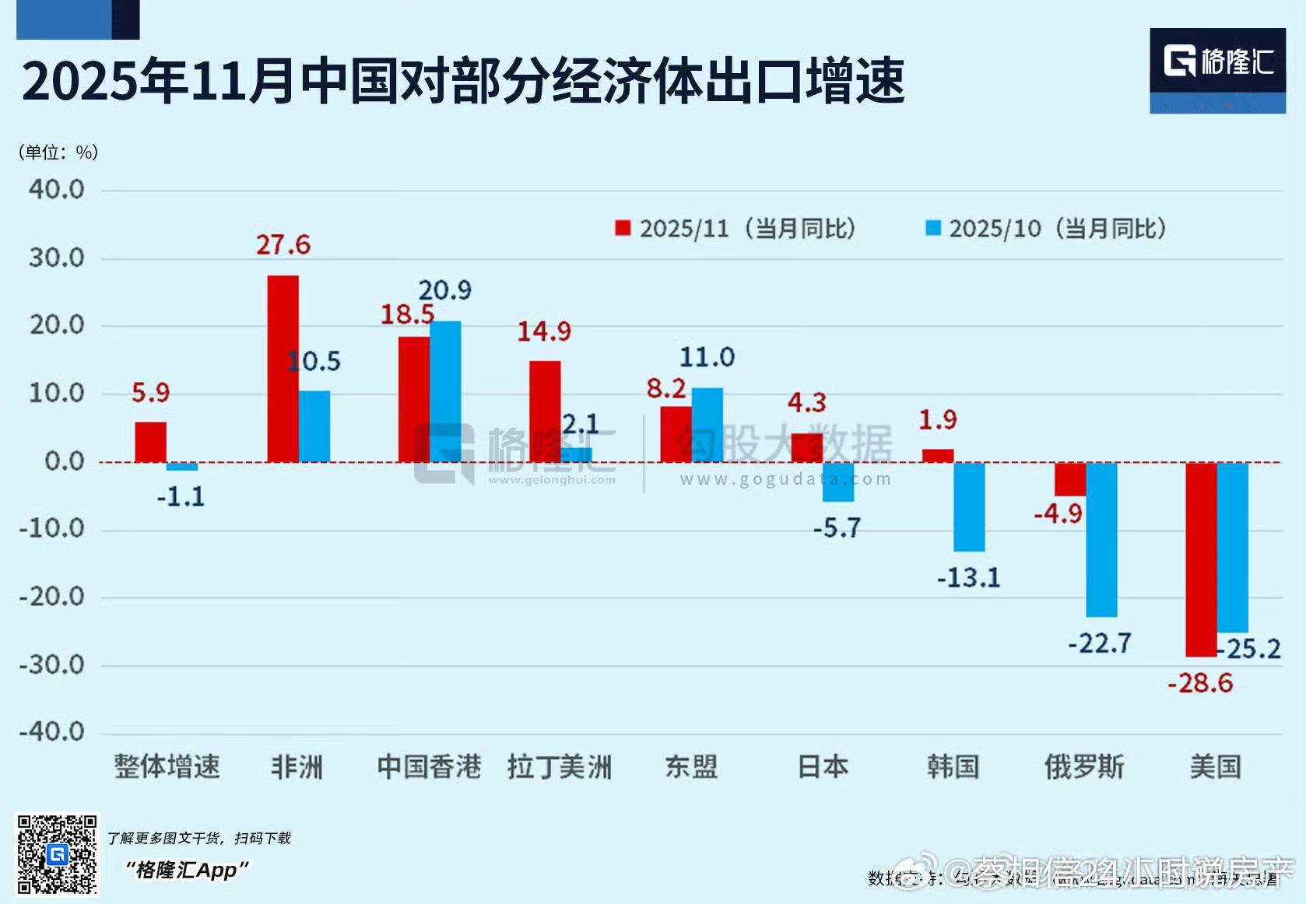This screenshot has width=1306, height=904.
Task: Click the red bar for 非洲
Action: (x=283, y=369)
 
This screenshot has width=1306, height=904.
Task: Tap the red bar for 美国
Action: (x=1201, y=559)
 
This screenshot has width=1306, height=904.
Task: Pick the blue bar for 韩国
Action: (x=969, y=506)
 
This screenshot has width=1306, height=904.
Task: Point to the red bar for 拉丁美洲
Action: (x=545, y=412)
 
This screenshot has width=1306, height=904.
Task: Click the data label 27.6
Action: (x=283, y=245)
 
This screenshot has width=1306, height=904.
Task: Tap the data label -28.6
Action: (x=1200, y=683)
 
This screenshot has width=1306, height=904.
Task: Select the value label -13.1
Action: (x=968, y=578)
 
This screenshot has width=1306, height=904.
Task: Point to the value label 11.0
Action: (x=707, y=357)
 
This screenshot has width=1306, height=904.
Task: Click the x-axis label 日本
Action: (x=823, y=767)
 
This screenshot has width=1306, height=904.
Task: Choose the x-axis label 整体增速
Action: (x=167, y=767)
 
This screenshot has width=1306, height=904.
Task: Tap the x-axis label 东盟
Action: (x=691, y=767)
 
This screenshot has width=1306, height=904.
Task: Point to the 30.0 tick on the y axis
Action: (x=56, y=258)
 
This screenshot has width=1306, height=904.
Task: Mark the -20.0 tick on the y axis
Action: (x=52, y=597)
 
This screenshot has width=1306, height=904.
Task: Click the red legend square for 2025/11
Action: (x=623, y=228)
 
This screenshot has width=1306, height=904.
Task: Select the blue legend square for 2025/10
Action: (x=932, y=228)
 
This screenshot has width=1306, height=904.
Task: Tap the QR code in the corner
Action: (x=57, y=854)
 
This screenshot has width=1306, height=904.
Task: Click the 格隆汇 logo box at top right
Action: (x=1217, y=71)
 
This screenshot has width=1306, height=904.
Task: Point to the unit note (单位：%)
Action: (x=58, y=152)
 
